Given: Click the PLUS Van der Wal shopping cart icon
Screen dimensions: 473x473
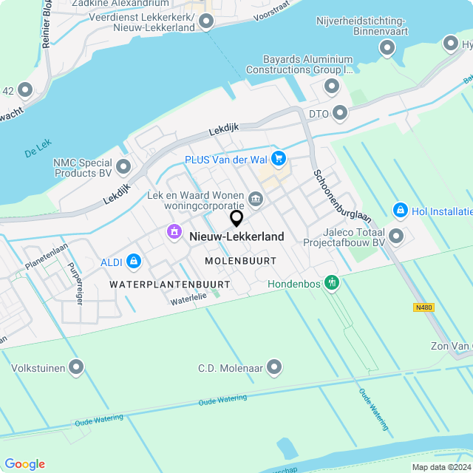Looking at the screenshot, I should click(278, 158).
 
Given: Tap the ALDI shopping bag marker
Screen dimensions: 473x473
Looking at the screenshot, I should click(134, 260).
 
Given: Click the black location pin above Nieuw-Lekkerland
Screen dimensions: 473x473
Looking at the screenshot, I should click(236, 219).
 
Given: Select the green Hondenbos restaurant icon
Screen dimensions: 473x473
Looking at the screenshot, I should click(332, 282).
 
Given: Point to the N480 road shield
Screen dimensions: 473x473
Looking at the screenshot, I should click(423, 307).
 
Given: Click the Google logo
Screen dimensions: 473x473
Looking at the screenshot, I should click(24, 464).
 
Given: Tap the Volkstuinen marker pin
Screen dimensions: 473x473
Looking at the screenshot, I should click(76, 367).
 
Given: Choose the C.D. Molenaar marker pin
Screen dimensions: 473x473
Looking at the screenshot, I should click(275, 367).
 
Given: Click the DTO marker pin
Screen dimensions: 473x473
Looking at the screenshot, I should click(340, 113).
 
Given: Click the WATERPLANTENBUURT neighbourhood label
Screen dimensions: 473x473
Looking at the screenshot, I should click(169, 284).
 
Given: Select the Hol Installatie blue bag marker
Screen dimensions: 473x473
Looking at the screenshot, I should click(401, 211).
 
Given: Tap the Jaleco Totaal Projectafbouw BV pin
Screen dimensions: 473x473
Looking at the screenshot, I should click(396, 236).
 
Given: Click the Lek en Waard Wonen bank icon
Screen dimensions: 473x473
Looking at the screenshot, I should click(256, 197).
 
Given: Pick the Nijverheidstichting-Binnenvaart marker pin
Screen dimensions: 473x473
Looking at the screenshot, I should click(387, 49).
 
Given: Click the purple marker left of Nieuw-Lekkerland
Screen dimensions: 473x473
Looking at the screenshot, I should click(174, 232).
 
